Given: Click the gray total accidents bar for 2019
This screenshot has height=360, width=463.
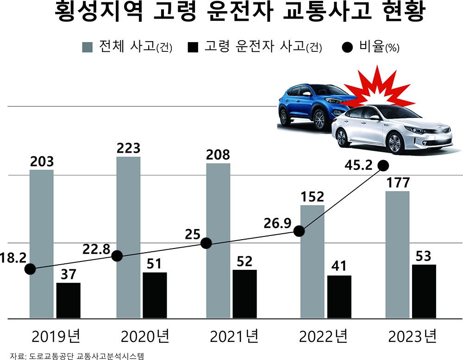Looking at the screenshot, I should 41,244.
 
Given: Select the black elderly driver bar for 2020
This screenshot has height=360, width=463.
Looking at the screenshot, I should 155,295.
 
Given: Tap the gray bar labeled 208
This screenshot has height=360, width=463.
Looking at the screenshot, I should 218,241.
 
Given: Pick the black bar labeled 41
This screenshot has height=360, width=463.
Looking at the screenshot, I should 339,297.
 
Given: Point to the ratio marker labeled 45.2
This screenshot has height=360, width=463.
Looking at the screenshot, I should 383,165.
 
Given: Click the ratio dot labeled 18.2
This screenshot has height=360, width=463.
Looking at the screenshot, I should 30,269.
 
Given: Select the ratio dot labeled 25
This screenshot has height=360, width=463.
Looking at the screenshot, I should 206,243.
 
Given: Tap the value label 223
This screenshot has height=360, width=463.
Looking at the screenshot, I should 128,149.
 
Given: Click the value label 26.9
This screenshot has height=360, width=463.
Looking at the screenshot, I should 278,223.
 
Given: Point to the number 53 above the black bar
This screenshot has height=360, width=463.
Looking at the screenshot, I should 424,256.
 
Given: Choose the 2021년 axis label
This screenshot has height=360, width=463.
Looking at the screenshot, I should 233,335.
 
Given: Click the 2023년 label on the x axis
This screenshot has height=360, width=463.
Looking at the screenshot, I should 412,335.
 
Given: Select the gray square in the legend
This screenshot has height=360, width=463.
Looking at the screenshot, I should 87,47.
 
